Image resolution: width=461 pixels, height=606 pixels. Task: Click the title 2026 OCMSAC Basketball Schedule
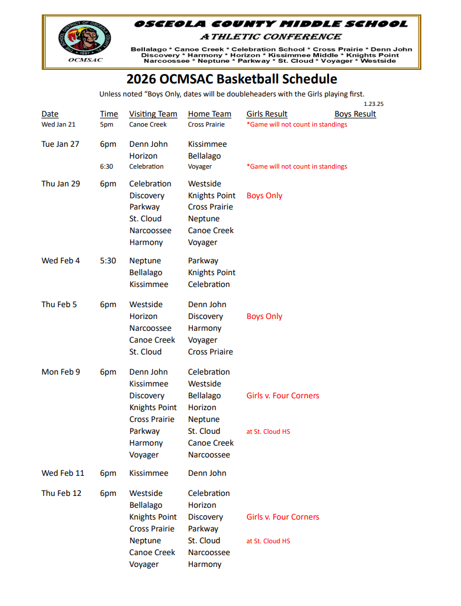[232, 79]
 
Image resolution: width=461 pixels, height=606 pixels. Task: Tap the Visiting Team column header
[153, 114]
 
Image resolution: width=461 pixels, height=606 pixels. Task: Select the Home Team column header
[209, 114]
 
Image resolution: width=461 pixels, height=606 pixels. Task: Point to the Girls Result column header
[267, 114]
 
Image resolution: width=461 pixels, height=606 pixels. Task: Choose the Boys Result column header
[355, 114]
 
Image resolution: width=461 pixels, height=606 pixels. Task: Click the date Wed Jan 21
[59, 124]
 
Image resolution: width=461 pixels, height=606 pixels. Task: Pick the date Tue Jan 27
[60, 144]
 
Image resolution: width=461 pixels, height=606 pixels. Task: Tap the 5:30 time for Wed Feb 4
[108, 260]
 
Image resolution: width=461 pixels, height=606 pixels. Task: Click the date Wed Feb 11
[63, 473]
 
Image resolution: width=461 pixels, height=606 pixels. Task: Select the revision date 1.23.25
[373, 104]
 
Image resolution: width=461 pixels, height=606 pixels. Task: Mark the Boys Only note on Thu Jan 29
[265, 195]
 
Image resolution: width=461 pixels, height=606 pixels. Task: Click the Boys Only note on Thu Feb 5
[265, 316]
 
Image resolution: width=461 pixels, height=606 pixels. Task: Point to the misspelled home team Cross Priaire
[211, 352]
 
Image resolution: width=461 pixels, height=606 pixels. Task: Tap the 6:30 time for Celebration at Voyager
[107, 166]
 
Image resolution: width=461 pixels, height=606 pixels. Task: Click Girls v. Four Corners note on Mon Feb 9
[283, 395]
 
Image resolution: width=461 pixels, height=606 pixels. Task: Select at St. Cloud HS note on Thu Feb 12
[268, 541]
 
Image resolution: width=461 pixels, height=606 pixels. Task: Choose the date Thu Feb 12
[62, 493]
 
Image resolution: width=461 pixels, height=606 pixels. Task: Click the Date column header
[50, 114]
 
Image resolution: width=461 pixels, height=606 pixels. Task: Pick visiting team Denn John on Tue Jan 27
[149, 144]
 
